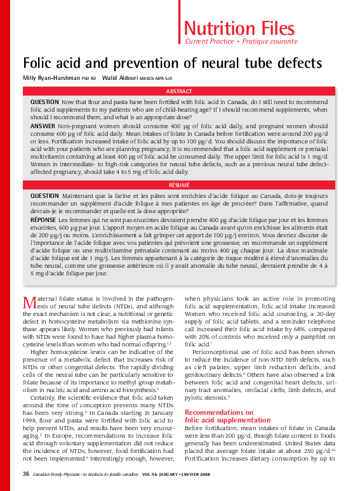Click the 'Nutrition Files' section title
tap(239, 28)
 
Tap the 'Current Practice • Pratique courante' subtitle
tap(241, 42)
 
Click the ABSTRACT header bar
tap(179, 91)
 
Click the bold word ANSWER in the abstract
tap(43, 126)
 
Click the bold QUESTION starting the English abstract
tap(45, 102)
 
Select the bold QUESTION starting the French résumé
tap(45, 195)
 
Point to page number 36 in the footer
tap(26, 473)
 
